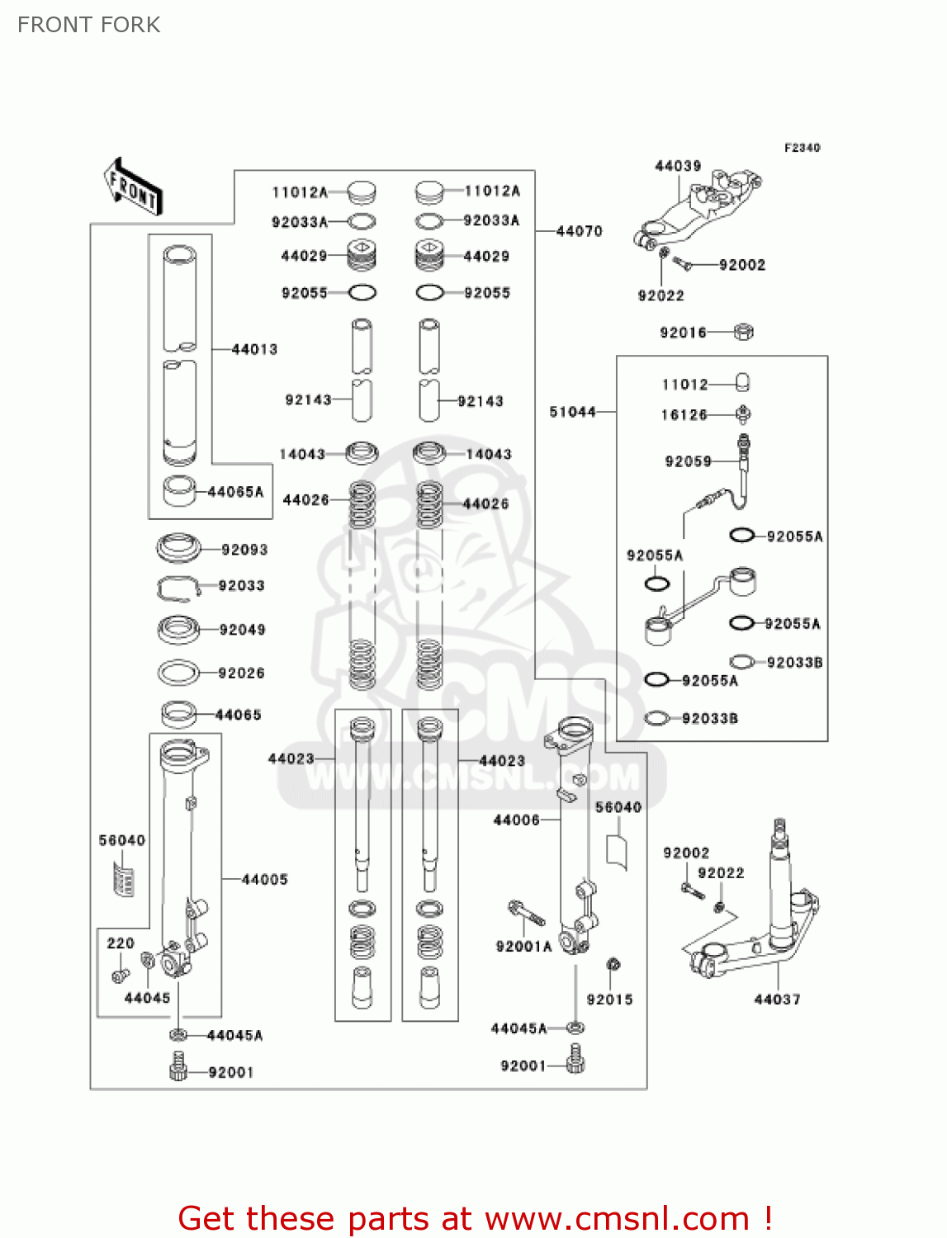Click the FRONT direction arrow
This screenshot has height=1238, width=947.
(133, 187)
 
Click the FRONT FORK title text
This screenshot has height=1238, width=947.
(88, 25)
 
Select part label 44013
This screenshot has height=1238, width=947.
(254, 349)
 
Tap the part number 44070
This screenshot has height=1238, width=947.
(579, 231)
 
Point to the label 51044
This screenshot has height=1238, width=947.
(572, 411)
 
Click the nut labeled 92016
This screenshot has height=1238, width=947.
(743, 332)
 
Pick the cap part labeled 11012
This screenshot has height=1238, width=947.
(742, 383)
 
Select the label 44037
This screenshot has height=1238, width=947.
(777, 999)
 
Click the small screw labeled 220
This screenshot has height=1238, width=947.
(120, 976)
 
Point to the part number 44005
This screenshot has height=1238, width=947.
(264, 880)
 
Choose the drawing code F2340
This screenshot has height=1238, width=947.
(802, 148)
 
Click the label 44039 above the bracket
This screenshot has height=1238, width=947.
(678, 166)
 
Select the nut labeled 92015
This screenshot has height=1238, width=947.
(613, 964)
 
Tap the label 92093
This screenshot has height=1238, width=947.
(244, 550)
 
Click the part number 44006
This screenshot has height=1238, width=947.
(516, 820)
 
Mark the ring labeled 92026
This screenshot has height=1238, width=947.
(178, 673)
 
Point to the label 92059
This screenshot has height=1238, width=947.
(688, 461)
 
